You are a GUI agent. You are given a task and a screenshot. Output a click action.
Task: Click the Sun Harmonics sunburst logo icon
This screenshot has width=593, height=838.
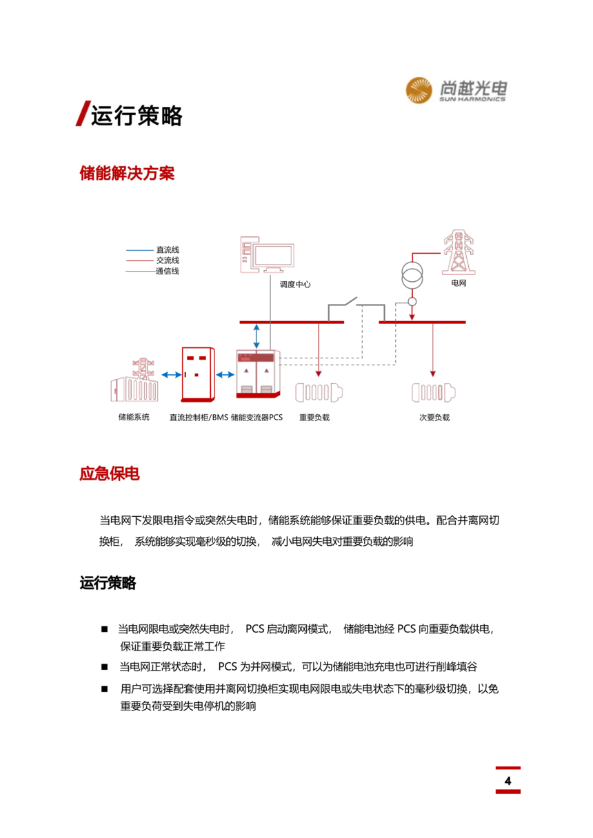[x=419, y=90]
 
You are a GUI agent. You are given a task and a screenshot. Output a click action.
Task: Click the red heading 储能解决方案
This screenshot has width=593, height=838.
[x=127, y=173]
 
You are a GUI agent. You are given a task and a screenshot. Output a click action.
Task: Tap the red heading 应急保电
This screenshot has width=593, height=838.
[x=110, y=473]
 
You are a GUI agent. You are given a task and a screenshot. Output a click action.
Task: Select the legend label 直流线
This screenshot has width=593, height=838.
[x=168, y=249]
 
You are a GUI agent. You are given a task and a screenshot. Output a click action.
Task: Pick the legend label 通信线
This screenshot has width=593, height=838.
[x=168, y=271]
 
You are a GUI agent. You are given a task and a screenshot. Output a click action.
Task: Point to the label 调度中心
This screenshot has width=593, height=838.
[x=295, y=285]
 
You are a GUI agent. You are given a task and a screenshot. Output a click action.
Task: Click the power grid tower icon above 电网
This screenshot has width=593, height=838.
[x=459, y=252]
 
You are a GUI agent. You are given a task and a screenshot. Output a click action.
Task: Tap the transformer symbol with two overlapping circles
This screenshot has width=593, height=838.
[x=412, y=275]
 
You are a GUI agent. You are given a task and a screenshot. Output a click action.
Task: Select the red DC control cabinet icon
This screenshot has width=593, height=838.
[x=198, y=374]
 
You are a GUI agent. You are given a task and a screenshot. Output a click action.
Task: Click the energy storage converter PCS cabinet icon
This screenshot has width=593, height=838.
[x=258, y=374]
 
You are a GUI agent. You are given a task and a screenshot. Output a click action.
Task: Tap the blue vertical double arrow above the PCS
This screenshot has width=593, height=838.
[x=257, y=336]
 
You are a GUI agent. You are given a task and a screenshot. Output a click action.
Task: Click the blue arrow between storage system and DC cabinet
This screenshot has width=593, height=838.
[x=172, y=374]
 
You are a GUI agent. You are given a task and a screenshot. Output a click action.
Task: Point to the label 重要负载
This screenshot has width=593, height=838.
[x=314, y=417]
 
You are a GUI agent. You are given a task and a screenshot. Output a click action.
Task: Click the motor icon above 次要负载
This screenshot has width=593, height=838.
[x=434, y=392]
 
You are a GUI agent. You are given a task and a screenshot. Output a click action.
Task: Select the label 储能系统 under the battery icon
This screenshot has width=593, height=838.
[x=134, y=417]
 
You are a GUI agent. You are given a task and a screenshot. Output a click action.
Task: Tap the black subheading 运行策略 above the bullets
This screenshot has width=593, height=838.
[x=108, y=583]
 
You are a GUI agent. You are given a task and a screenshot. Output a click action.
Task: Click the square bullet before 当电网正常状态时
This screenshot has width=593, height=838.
[x=104, y=666]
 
